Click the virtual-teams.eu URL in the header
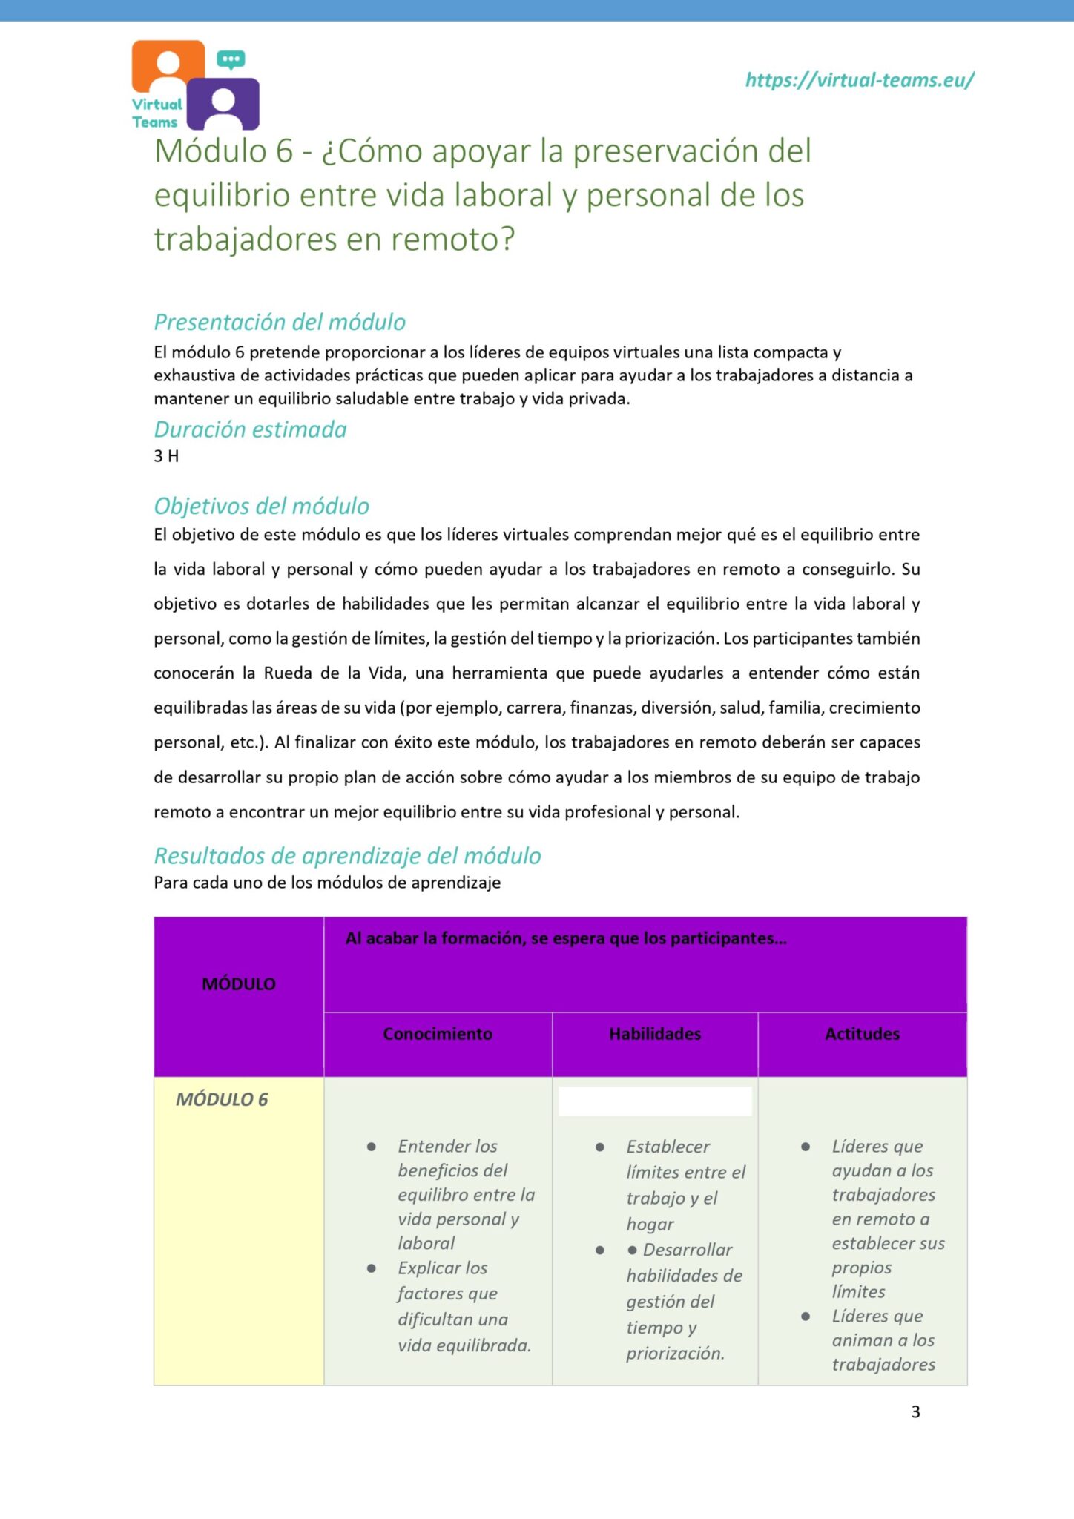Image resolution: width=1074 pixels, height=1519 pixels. [x=859, y=80]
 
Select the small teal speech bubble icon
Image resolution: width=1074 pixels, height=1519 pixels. [x=231, y=59]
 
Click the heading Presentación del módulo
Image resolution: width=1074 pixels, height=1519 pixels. [x=280, y=322]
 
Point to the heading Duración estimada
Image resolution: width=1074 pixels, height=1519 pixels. [x=250, y=429]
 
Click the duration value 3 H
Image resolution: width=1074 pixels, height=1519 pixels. [x=166, y=456]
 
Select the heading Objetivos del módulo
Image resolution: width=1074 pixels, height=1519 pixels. [x=261, y=506]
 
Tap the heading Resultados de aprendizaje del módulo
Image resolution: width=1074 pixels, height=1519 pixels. [x=347, y=856]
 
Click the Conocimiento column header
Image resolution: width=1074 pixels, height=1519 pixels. [x=438, y=1034]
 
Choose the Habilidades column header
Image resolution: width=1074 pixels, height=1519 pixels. [x=655, y=1034]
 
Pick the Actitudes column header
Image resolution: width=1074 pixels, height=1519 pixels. [x=862, y=1034]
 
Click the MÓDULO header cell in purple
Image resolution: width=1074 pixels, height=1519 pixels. [x=239, y=984]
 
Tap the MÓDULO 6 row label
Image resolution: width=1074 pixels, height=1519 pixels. [x=222, y=1099]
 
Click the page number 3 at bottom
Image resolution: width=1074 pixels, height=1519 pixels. [x=915, y=1411]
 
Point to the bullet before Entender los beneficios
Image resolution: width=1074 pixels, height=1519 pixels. [x=372, y=1147]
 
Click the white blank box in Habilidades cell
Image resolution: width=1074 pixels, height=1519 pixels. [x=655, y=1101]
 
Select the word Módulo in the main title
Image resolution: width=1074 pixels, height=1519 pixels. [x=211, y=151]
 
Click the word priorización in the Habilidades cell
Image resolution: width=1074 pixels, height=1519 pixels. [x=675, y=1353]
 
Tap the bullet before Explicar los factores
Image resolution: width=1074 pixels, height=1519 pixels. [x=372, y=1268]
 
